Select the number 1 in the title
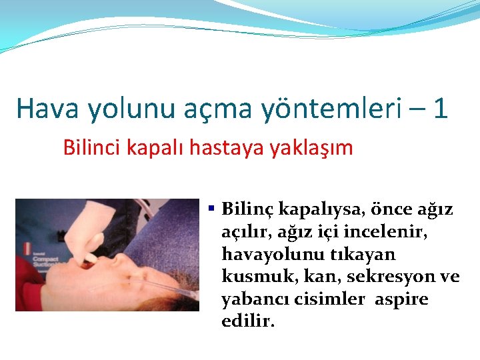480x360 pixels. tap(439, 108)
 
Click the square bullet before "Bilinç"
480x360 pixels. tap(211, 209)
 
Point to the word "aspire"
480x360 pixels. tap(401, 299)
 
